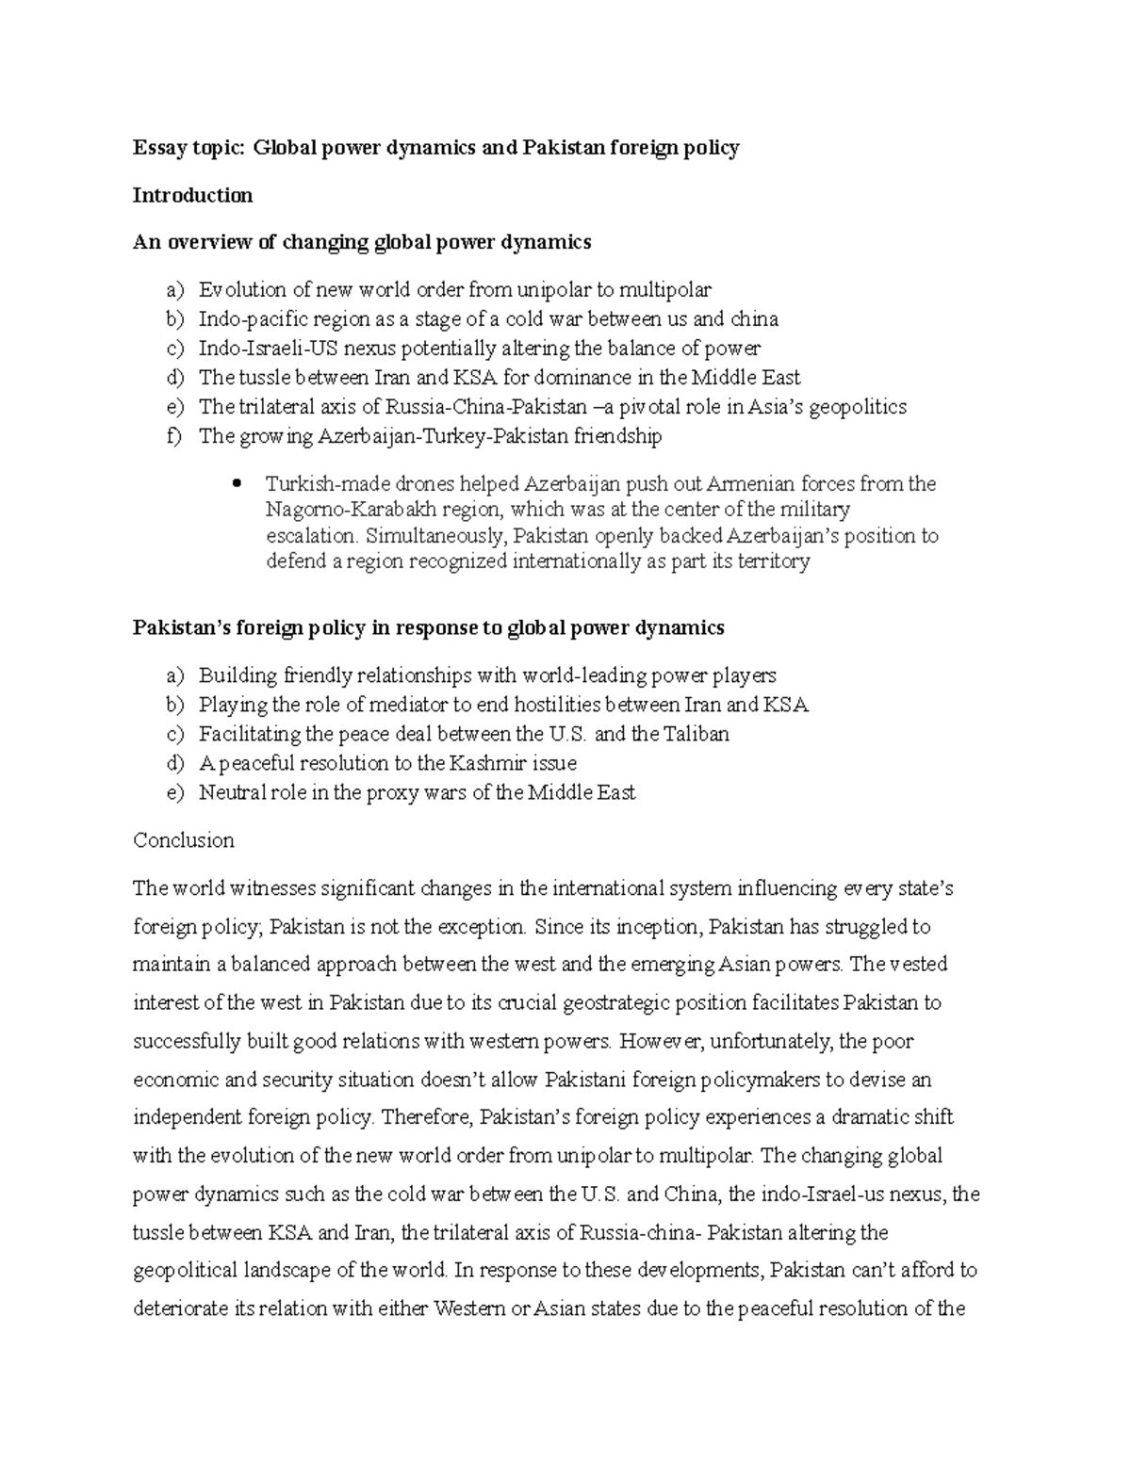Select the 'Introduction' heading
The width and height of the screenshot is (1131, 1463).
(192, 196)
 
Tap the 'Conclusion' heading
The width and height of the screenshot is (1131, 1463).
(184, 840)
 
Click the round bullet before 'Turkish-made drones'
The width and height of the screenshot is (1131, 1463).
(237, 484)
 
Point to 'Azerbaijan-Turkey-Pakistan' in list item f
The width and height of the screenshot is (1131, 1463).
(426, 436)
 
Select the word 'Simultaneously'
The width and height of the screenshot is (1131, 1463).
(426, 536)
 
